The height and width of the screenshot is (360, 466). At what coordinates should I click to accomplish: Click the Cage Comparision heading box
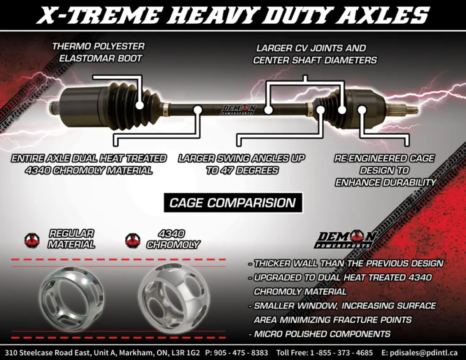(x=233, y=203)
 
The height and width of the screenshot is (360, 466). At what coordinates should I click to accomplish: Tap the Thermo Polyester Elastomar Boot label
(x=98, y=52)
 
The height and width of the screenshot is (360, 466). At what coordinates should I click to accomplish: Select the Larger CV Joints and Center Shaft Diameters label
(x=315, y=54)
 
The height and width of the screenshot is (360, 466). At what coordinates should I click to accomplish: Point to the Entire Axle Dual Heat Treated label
(x=89, y=164)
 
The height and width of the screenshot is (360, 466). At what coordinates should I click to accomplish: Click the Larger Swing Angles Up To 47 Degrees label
(x=242, y=164)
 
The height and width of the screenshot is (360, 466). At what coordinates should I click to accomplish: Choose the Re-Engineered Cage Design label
(x=385, y=170)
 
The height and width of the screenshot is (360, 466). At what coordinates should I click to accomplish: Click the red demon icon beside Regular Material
(x=32, y=240)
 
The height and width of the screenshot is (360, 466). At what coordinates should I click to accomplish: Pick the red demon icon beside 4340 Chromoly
(x=133, y=240)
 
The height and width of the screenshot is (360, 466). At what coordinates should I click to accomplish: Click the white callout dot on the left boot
(x=140, y=105)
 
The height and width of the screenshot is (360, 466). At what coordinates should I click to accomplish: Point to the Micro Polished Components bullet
(x=319, y=334)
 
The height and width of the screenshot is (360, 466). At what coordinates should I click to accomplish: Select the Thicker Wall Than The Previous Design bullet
(x=346, y=264)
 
